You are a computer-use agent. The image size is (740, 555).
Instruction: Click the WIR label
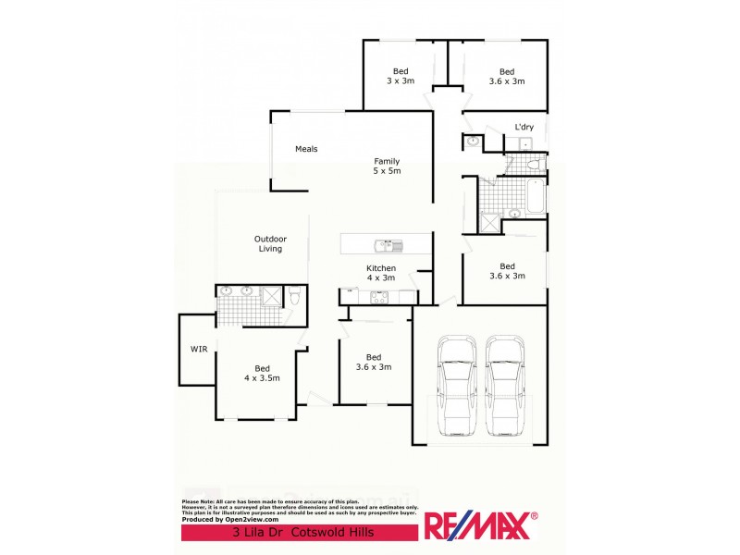pos(199,350)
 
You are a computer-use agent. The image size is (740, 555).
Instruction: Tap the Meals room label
pos(306,149)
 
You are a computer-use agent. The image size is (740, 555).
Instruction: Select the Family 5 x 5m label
pos(387,166)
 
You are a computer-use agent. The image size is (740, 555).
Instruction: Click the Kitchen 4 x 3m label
pos(380,273)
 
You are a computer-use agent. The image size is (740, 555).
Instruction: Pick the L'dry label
pos(524,127)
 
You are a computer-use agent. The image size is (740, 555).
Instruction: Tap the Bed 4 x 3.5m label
pos(262,373)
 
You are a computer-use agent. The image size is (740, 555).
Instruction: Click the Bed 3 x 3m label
pos(401,76)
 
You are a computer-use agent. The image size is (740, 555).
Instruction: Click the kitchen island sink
pos(386,245)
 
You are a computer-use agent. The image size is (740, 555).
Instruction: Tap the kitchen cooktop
pos(379,297)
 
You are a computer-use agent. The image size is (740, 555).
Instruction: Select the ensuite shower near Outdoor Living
pos(272,296)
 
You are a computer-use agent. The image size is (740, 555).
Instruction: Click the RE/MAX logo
pos(481,525)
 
